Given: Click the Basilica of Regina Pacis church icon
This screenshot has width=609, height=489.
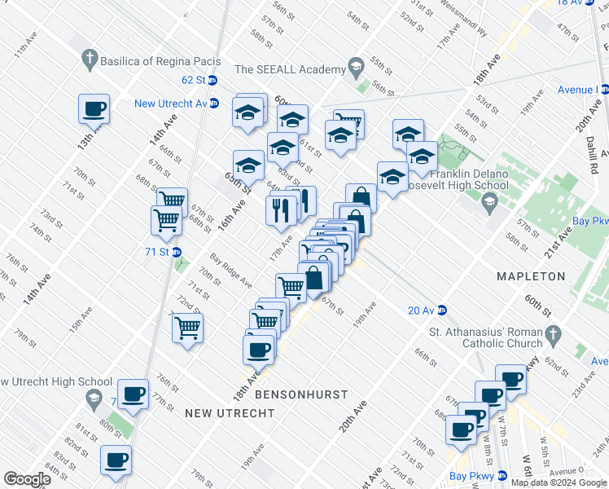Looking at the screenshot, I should (89, 59).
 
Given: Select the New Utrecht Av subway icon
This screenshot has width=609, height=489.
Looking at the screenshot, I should (213, 103).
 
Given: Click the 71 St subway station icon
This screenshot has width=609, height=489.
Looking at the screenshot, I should (176, 252).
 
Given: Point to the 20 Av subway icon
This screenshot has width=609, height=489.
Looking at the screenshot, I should (443, 310).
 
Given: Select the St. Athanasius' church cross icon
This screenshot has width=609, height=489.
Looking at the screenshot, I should (552, 334).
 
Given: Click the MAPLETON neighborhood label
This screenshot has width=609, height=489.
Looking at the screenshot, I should (531, 277).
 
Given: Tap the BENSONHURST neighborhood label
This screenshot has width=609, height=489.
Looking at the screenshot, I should (301, 394).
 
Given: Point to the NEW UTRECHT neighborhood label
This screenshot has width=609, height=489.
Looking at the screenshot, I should (229, 414).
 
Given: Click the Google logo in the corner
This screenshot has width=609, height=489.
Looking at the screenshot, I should (26, 479).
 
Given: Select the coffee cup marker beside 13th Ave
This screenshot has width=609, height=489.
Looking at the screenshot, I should (94, 108).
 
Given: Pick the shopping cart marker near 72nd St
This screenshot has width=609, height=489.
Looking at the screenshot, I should (188, 329).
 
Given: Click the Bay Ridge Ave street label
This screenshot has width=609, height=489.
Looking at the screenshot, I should (230, 271).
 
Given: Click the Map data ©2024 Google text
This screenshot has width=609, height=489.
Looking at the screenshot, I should (559, 482).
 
